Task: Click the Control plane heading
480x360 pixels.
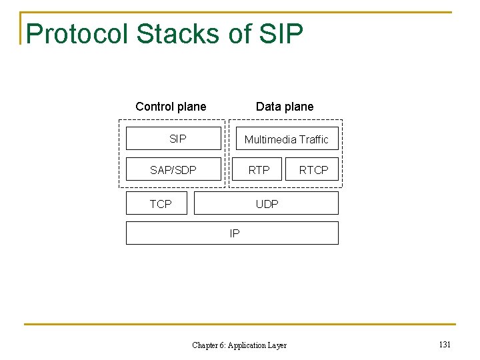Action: (x=171, y=107)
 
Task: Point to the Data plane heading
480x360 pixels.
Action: (x=285, y=107)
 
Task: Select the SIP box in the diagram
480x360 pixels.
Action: (x=173, y=139)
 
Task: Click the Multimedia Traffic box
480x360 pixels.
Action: (x=286, y=139)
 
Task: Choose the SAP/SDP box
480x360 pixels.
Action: (x=173, y=170)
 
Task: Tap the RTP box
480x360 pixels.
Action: (x=259, y=170)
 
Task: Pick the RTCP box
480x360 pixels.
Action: (x=313, y=170)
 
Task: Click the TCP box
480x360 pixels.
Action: (x=160, y=203)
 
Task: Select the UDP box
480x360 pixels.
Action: (x=267, y=203)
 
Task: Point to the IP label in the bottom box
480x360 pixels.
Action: (x=234, y=233)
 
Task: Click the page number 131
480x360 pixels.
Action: (x=445, y=345)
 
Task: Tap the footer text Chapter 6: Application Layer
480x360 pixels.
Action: (x=239, y=345)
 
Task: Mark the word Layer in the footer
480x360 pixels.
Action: (x=277, y=345)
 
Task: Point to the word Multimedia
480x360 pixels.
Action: (x=270, y=139)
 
